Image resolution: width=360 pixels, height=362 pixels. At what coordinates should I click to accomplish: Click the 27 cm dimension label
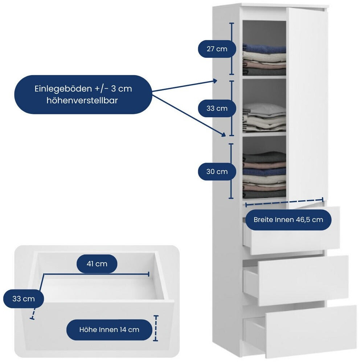pos(217,49)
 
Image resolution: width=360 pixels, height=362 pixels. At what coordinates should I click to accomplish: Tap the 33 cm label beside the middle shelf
pos(217,108)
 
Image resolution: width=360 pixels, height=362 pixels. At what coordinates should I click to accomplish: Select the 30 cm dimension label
pos(217,171)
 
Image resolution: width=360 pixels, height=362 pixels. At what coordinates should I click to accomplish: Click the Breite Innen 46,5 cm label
pos(288,220)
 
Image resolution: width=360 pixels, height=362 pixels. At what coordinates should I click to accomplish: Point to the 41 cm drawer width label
pos(97,264)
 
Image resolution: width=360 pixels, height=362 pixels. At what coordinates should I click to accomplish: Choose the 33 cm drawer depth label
pos(24,299)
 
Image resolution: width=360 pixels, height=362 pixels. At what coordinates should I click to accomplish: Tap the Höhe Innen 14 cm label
pos(109,330)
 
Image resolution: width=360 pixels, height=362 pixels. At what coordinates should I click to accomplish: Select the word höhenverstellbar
pos(82,101)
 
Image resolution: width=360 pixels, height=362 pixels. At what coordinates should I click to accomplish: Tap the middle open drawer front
pos(303,280)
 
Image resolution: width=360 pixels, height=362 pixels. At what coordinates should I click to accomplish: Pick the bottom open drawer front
pos(311,331)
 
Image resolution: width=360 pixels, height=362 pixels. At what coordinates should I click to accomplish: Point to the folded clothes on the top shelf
pos(264,59)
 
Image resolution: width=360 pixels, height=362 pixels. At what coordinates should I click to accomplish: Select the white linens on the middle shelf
pos(264,118)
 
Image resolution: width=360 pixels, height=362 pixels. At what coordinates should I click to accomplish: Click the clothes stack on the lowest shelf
pos(264,175)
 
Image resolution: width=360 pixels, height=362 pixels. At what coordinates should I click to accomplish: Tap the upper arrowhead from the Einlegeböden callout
pos(215,81)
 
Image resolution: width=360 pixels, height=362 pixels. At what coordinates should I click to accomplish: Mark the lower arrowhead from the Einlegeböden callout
pos(224,134)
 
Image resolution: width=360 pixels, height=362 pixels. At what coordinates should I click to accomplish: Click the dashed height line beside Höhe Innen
pos(156,328)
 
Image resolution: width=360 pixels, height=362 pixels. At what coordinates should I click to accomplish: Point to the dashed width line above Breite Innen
pos(284,202)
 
